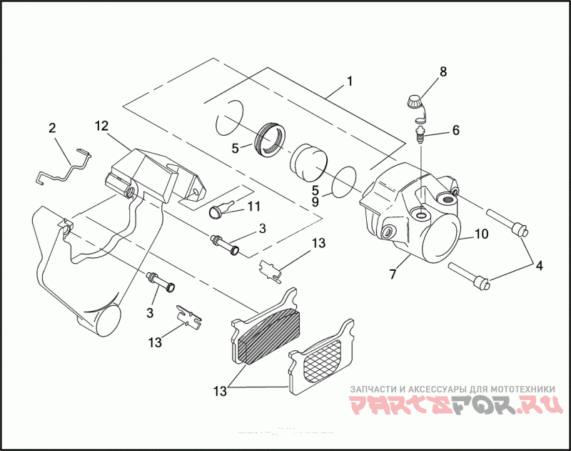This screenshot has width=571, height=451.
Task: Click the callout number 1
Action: point(349,81)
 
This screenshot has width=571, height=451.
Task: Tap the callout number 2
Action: point(52,129)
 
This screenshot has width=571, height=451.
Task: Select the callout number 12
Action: point(101,127)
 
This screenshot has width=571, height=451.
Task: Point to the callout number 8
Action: point(443,71)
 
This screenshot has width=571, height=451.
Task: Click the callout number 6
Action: point(455,131)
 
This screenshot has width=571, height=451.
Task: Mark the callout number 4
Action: point(539,266)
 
